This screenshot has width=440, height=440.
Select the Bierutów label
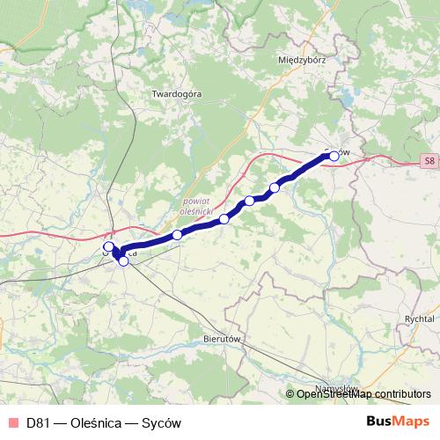tap(223, 337)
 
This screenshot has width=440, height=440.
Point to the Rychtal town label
tap(419, 319)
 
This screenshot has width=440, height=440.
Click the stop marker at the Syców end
tap(334, 157)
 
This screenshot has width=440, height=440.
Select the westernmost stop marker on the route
tap(109, 247)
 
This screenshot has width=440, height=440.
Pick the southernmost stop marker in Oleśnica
tap(123, 260)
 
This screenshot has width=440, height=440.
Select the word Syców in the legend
tap(160, 422)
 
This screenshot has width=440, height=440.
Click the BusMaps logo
tap(398, 422)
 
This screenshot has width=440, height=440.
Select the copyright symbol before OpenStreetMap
tap(290, 394)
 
